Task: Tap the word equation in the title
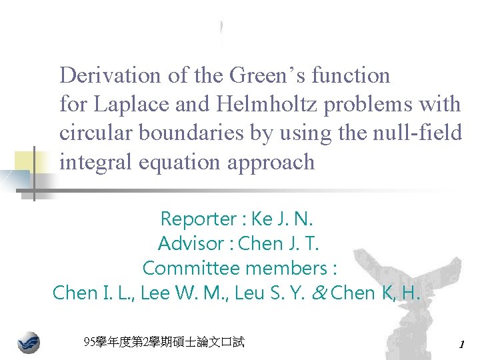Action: (172, 162)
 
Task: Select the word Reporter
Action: (198, 219)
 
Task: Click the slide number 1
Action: (461, 344)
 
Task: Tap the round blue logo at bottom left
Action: (28, 343)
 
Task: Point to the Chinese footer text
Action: (164, 343)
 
